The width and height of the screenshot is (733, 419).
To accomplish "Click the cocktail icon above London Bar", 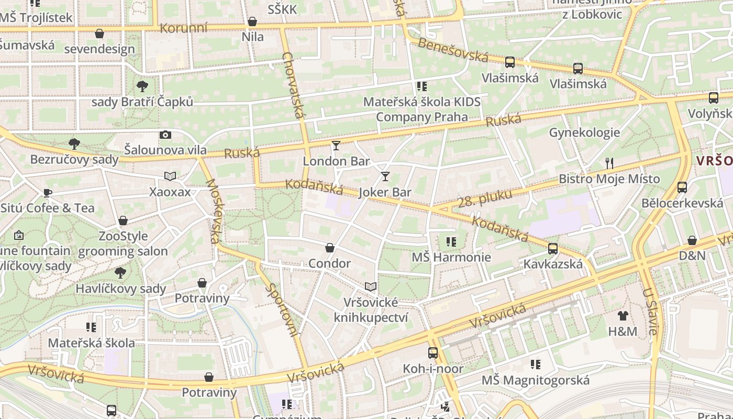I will click(336, 145).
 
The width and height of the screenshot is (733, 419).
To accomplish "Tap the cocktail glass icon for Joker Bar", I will click(385, 176).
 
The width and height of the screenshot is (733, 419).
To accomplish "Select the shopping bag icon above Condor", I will click(330, 247).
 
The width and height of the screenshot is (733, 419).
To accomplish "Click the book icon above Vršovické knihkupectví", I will click(371, 286).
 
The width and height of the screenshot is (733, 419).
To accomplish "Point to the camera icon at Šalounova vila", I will click(165, 135).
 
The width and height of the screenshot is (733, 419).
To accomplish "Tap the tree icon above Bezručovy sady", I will click(74, 144).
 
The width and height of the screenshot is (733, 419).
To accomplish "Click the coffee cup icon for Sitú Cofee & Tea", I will click(48, 192).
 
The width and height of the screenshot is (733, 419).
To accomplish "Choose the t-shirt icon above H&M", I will click(623, 315).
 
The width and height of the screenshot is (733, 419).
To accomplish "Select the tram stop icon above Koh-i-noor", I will click(432, 352).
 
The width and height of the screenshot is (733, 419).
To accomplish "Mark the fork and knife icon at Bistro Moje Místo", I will click(609, 163).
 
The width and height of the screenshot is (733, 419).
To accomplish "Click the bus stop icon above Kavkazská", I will click(553, 248).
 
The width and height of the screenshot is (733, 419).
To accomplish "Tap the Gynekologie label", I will click(584, 133).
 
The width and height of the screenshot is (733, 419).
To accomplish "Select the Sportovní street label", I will click(282, 309).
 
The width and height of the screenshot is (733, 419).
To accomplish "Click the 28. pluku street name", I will click(484, 198).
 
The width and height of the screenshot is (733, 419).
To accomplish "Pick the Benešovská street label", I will click(453, 50).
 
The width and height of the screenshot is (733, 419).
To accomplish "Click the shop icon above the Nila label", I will click(252, 21).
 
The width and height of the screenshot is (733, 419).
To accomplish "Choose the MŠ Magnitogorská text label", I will click(535, 380).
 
